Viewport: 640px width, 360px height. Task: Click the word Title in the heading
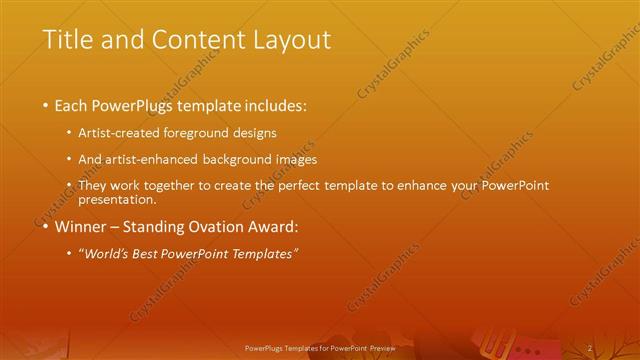click(67, 40)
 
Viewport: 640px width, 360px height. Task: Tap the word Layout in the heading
click(291, 40)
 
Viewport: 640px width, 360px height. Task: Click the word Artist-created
click(125, 132)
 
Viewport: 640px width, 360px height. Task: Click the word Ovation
click(210, 226)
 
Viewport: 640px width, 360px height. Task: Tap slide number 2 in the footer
click(591, 347)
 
